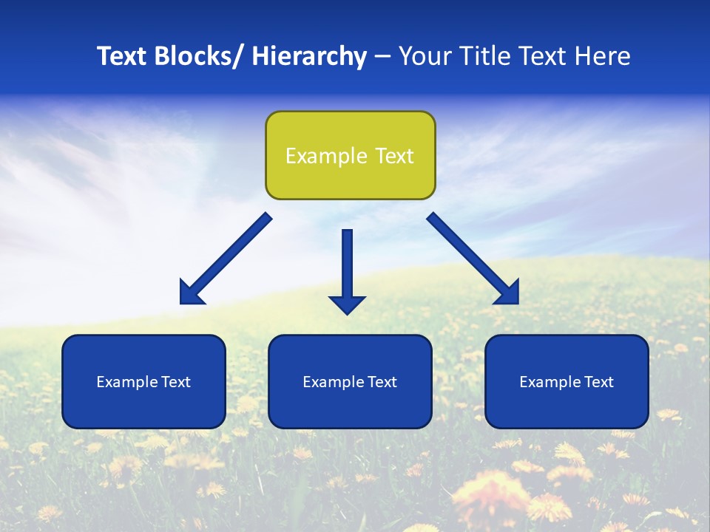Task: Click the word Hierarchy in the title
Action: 309,56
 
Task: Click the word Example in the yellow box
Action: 326,156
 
